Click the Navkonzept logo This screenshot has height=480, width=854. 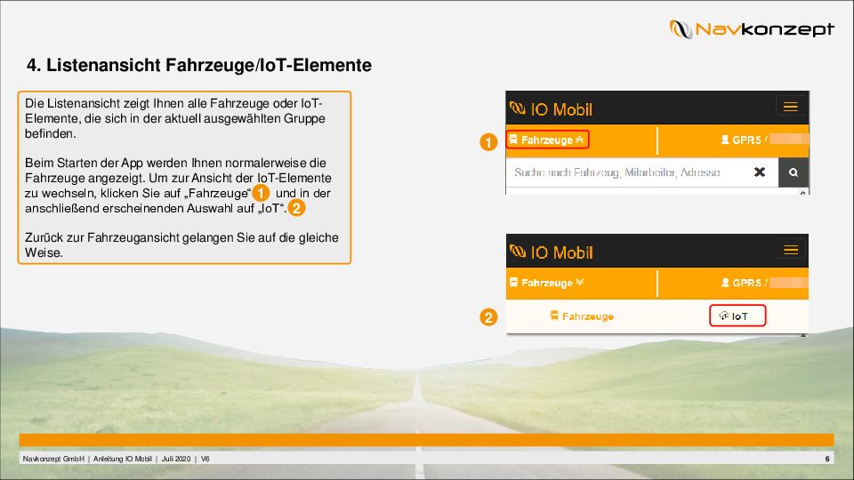pyautogui.click(x=752, y=28)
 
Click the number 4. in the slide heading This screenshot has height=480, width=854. pyautogui.click(x=34, y=65)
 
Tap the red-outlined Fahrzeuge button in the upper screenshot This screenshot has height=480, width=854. pyautogui.click(x=547, y=140)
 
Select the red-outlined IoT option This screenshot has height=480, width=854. pyautogui.click(x=737, y=316)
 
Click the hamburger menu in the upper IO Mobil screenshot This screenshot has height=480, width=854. pyautogui.click(x=790, y=107)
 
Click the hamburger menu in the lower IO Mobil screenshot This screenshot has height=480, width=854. pyautogui.click(x=791, y=250)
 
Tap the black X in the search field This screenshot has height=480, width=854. pyautogui.click(x=759, y=172)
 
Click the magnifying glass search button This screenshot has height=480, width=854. pyautogui.click(x=793, y=172)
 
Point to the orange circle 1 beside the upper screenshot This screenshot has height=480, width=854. pyautogui.click(x=488, y=142)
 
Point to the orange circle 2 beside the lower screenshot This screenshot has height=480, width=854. pyautogui.click(x=488, y=316)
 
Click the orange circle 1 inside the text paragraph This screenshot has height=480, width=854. pyautogui.click(x=261, y=193)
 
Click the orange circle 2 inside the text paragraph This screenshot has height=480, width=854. pyautogui.click(x=297, y=208)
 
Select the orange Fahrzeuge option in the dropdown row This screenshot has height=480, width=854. pyautogui.click(x=582, y=316)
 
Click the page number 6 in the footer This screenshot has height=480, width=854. pyautogui.click(x=827, y=459)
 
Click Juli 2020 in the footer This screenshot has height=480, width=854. pyautogui.click(x=176, y=459)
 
